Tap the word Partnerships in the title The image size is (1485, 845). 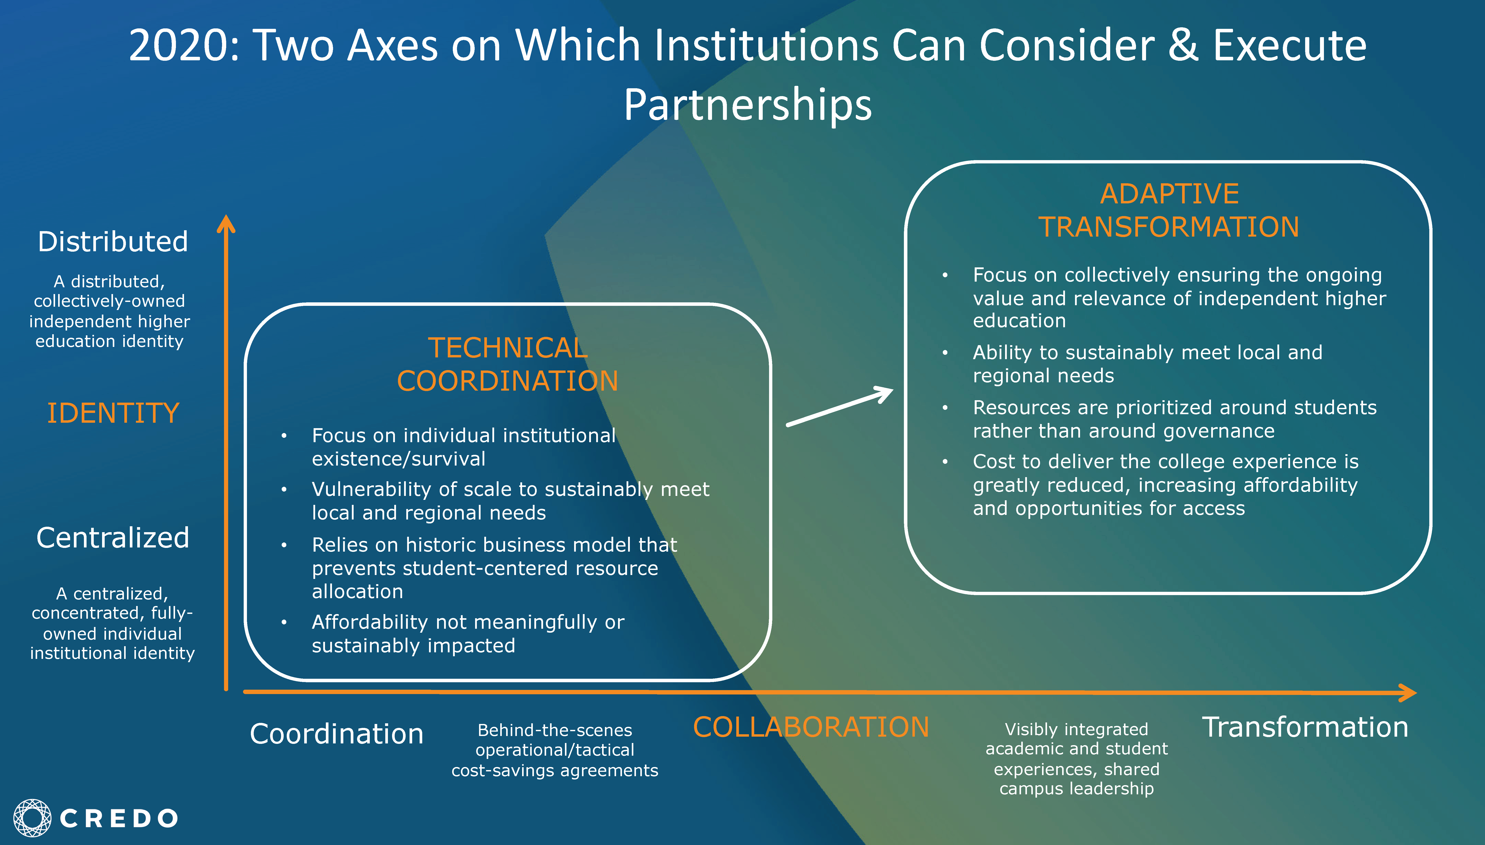[x=748, y=105]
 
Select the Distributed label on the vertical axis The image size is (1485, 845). [x=113, y=241]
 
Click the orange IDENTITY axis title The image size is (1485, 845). [x=113, y=413]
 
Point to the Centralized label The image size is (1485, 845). [x=113, y=537]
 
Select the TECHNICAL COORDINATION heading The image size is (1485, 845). [x=507, y=364]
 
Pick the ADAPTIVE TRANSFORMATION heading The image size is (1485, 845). [x=1169, y=210]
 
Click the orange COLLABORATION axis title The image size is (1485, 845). [x=811, y=727]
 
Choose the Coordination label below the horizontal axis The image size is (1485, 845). [x=337, y=734]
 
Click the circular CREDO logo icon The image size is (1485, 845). [x=32, y=818]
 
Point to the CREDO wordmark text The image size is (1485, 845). [x=119, y=818]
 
